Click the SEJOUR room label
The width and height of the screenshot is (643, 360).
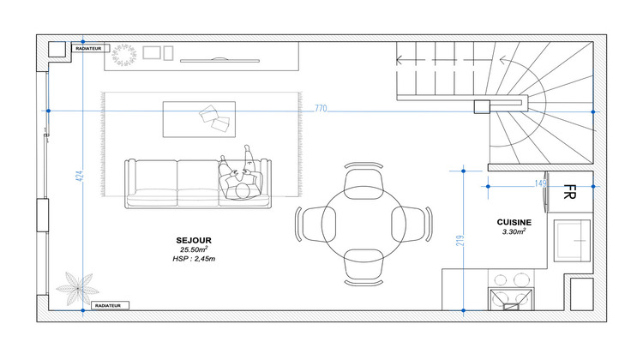tap(194, 241)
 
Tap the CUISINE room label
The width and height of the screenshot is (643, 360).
tap(514, 222)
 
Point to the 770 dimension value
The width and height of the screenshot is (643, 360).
tap(321, 109)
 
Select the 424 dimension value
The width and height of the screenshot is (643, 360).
tap(80, 177)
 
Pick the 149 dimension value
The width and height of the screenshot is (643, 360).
tap(540, 183)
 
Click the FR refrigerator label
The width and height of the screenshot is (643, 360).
tap(569, 192)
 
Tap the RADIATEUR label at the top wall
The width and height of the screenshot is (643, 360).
tap(88, 48)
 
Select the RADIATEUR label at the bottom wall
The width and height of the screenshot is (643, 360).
tap(108, 305)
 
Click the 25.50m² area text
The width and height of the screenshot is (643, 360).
tap(194, 249)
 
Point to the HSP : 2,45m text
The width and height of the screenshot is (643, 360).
tap(194, 259)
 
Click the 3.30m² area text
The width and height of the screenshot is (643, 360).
tap(514, 231)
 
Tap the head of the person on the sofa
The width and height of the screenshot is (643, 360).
tap(243, 191)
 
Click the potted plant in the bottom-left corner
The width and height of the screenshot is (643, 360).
tap(77, 289)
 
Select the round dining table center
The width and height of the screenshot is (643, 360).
tap(364, 225)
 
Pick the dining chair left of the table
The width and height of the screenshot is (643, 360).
tap(315, 225)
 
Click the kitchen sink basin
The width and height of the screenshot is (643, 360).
tap(572, 241)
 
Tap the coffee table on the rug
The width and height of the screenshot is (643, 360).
tap(199, 119)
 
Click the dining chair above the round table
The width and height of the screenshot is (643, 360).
tap(364, 182)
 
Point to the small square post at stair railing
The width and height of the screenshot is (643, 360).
tap(482, 106)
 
